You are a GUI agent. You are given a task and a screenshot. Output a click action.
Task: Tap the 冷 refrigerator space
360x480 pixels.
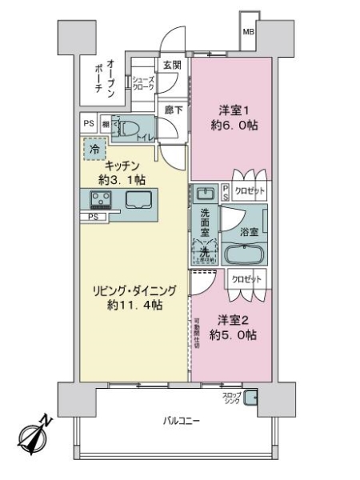pyautogui.click(x=95, y=148)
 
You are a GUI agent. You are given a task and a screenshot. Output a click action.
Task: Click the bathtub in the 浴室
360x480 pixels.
pyautogui.click(x=245, y=256)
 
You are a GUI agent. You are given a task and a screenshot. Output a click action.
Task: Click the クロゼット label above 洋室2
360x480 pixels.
pyautogui.click(x=245, y=280)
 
